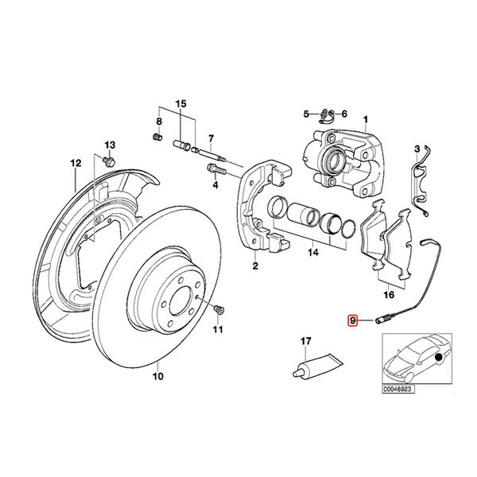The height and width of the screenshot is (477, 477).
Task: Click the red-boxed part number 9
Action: [x=353, y=320]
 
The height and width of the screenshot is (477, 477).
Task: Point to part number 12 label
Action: [x=76, y=164]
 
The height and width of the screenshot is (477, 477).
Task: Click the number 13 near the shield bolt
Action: [x=111, y=145]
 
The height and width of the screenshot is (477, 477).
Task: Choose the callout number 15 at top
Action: [x=180, y=104]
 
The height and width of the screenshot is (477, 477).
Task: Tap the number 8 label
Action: [x=158, y=121]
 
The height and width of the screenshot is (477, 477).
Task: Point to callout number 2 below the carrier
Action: [x=255, y=266]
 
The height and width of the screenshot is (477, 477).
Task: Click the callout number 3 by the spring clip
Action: [x=416, y=149]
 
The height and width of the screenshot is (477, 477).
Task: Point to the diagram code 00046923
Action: [x=398, y=390]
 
